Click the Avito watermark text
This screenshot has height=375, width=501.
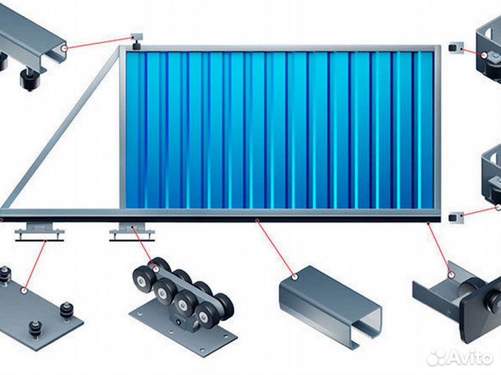click(x=470, y=357)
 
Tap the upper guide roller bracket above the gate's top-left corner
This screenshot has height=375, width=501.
click(x=137, y=41)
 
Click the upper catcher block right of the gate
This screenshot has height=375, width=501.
click(x=456, y=49)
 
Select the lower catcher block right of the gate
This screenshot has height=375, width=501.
click(x=456, y=218)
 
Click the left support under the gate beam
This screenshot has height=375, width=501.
click(x=39, y=230)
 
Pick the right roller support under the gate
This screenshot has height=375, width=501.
click(x=132, y=230)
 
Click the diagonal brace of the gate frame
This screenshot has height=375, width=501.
click(x=61, y=129)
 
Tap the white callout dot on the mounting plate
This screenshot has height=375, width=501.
click(x=24, y=291)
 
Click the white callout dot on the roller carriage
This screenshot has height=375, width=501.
click(x=156, y=269)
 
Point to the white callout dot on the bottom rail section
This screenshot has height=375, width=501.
click(x=295, y=277)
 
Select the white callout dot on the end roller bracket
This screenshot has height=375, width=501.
click(x=452, y=274)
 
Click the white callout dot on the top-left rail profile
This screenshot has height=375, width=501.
click(x=64, y=49)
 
